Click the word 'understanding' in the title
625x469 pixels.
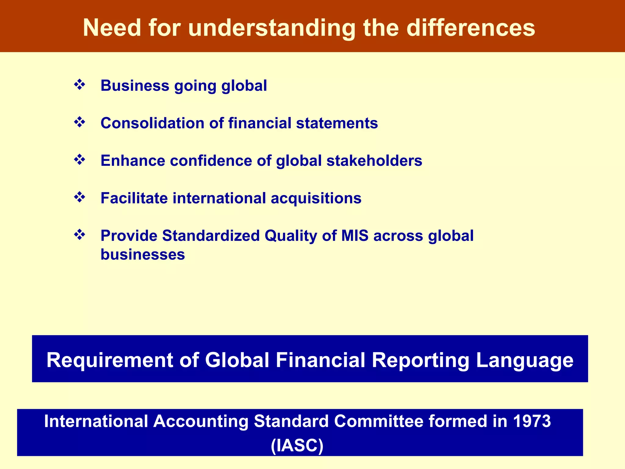coord(272,28)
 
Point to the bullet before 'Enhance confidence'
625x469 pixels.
coord(79,160)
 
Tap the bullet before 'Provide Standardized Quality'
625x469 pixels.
coord(79,235)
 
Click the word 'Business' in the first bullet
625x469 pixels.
coord(135,85)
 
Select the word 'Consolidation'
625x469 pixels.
coord(152,123)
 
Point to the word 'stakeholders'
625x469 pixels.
coord(374,161)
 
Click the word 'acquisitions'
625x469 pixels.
coord(316,198)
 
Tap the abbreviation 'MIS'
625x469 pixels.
coord(355,236)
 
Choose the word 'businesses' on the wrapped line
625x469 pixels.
coord(143,254)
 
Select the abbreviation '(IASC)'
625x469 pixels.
coord(297,445)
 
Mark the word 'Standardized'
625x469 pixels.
coord(211,236)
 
